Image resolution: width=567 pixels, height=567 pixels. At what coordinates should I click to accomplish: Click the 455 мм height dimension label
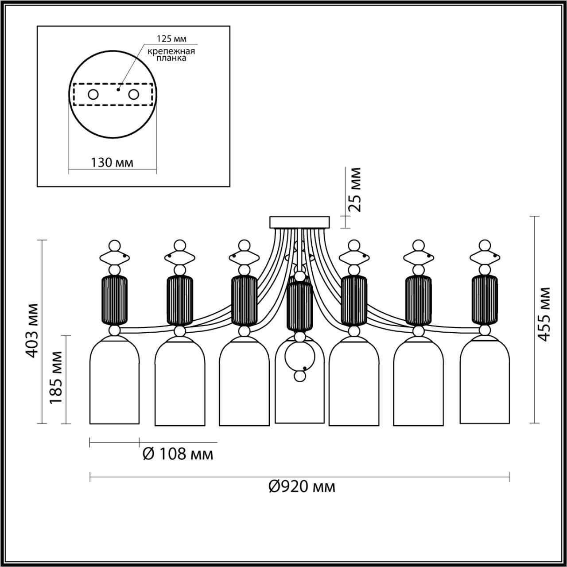coord(544,314)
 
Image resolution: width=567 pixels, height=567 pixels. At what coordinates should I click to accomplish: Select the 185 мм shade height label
coord(56,377)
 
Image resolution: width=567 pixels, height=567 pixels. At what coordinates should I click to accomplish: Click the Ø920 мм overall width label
coord(302,487)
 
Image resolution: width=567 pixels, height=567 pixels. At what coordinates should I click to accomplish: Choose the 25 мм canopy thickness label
coord(355,190)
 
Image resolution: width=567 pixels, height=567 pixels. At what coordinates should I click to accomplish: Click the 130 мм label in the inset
coord(112,162)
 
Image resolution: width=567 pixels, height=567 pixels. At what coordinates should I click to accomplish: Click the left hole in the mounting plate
coord(93,94)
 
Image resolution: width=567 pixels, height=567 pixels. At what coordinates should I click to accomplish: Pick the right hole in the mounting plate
coord(133,94)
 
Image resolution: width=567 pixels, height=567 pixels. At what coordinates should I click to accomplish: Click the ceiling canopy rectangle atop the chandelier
coord(300,222)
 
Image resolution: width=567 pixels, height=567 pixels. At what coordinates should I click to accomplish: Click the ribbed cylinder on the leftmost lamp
coord(115,300)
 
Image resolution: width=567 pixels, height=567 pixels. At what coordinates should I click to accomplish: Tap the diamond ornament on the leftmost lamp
coord(115,256)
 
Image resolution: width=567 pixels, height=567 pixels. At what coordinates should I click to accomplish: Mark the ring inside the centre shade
coord(300,357)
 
